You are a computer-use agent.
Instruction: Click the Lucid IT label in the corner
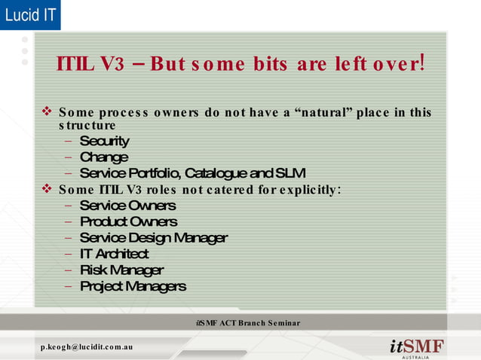(x=30, y=14)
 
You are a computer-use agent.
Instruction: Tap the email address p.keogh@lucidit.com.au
(x=87, y=346)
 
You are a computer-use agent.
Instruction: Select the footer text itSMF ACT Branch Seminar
(x=247, y=323)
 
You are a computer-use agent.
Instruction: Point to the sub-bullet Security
(x=104, y=141)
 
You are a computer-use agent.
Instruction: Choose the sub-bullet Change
(x=103, y=157)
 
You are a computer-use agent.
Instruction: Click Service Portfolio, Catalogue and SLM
(x=192, y=172)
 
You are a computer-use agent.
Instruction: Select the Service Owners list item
(x=127, y=206)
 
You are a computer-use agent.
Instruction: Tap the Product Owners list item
(x=128, y=221)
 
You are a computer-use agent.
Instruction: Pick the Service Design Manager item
(x=153, y=238)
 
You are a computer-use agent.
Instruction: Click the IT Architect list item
(x=114, y=254)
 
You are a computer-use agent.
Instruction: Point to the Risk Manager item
(x=121, y=270)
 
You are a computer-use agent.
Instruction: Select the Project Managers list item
(x=133, y=286)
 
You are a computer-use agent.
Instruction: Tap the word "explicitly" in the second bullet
(x=309, y=188)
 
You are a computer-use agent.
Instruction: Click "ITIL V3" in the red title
(x=90, y=63)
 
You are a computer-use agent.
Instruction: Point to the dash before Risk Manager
(x=69, y=270)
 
